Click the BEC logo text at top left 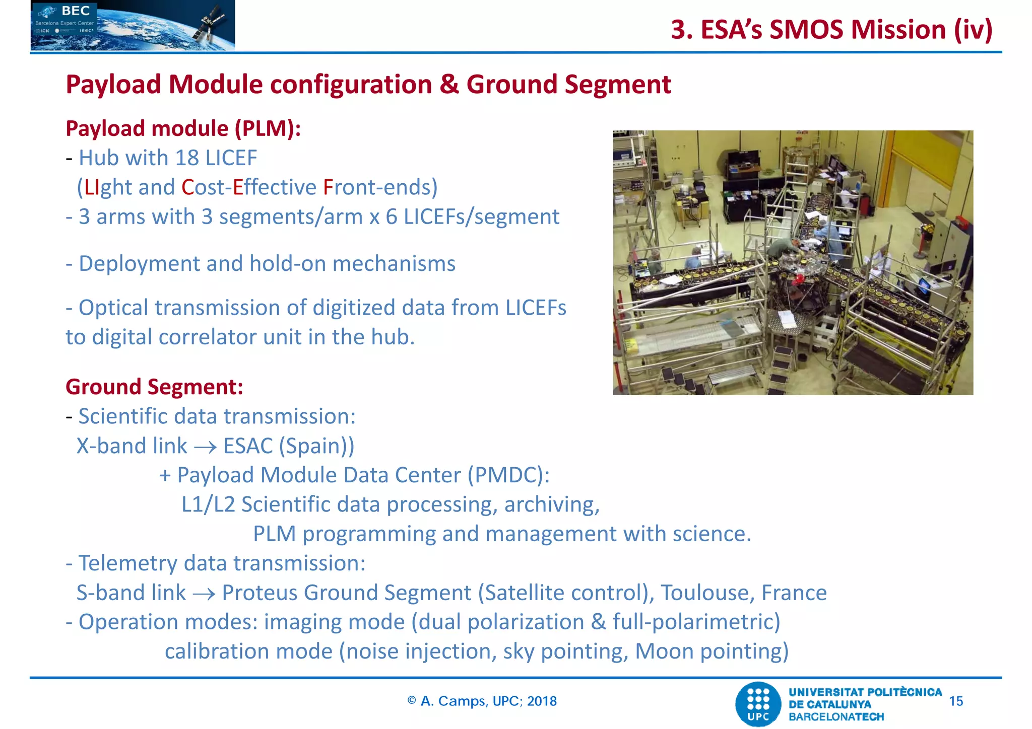pos(76,11)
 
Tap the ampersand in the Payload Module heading pos(448,84)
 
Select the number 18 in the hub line pos(187,158)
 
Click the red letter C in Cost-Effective pos(187,187)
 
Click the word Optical pos(113,308)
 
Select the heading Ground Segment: pos(154,387)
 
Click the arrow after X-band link pos(205,447)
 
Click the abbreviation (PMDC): pos(508,475)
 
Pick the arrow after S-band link pos(204,594)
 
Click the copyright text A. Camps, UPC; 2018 pos(482,701)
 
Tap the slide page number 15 pos(955,701)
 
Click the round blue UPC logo pos(758,704)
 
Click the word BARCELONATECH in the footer pos(836,716)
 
